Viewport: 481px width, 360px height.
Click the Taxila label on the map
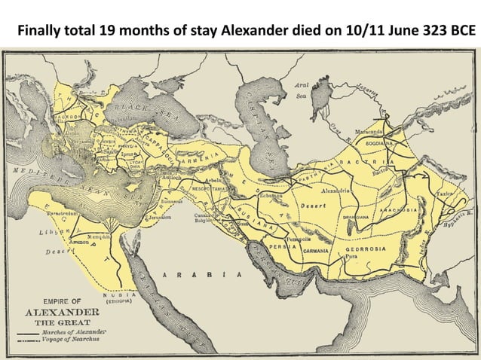coord(446,194)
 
